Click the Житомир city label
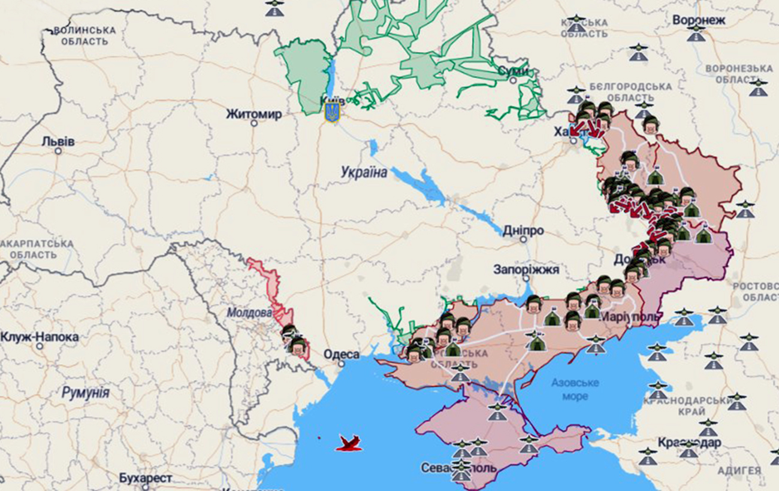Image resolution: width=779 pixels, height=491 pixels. tap(253, 114)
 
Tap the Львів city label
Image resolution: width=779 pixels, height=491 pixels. tap(58, 141)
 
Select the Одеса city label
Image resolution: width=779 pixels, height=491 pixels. tap(342, 354)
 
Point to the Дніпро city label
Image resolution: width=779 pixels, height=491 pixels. tap(523, 231)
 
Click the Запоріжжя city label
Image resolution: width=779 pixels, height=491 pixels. tap(526, 269)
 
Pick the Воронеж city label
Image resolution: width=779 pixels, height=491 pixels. tap(699, 20)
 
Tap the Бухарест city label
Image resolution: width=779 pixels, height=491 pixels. tap(145, 478)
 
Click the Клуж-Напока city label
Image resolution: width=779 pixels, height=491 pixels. tap(40, 337)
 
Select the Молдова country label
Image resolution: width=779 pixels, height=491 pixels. tap(249, 312)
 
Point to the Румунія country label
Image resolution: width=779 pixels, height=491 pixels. tap(86, 393)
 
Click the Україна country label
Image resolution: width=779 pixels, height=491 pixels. tap(364, 173)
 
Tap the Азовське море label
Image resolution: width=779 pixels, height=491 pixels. tap(575, 389)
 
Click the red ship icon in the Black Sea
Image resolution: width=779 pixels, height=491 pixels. tap(349, 443)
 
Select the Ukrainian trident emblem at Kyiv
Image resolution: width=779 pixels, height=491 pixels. tap(331, 112)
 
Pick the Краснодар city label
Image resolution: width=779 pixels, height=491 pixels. tap(689, 442)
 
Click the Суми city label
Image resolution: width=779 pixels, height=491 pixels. tap(514, 71)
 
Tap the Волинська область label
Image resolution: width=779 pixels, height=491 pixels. tap(84, 35)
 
